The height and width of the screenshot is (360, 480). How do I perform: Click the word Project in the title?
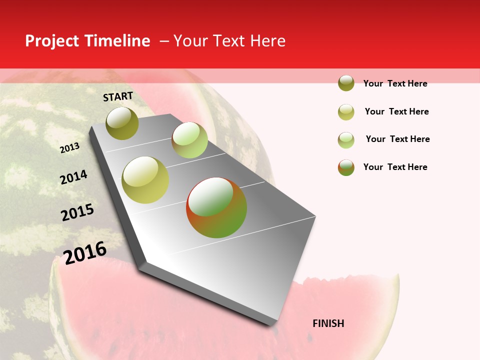tap(50, 41)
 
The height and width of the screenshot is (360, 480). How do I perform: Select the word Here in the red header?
tap(267, 41)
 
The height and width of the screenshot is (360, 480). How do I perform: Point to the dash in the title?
tap(164, 41)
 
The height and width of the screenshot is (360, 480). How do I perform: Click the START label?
tap(118, 96)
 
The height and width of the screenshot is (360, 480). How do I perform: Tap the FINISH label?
tap(328, 323)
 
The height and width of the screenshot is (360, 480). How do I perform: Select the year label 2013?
tap(69, 148)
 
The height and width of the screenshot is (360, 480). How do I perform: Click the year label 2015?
tap(77, 212)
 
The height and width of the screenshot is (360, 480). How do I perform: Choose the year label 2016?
tap(85, 253)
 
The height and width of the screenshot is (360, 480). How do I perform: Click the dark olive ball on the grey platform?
tap(122, 123)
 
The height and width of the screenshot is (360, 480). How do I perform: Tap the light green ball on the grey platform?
tap(189, 140)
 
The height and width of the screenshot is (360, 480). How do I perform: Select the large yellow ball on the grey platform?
tap(145, 180)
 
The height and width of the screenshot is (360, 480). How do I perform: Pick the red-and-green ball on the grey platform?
tap(216, 207)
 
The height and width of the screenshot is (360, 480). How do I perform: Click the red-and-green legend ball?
tap(346, 167)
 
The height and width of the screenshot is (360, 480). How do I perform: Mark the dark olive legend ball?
tap(346, 83)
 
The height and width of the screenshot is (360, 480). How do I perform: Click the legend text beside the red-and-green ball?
tap(395, 167)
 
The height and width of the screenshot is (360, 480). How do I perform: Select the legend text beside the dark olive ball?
tap(395, 83)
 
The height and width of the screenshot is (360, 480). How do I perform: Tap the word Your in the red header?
tap(190, 41)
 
